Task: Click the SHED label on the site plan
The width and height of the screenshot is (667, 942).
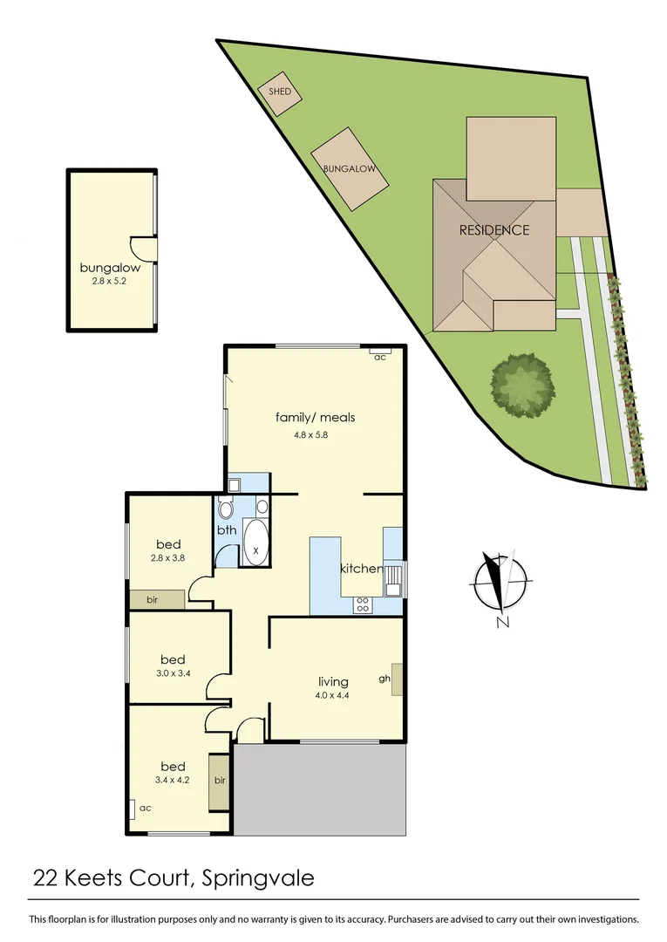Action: point(279,92)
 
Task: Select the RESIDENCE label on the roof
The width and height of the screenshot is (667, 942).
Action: point(494,230)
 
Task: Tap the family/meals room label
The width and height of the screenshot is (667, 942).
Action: point(315,417)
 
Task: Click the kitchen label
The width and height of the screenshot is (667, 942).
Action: point(361,569)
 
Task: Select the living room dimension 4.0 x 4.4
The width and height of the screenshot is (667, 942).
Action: point(333,696)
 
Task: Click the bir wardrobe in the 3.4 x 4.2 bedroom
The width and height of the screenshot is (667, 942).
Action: point(220,780)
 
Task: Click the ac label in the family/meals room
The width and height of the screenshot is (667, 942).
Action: point(379,358)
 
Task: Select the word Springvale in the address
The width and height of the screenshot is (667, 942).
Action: point(257,877)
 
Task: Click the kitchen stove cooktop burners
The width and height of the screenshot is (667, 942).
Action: point(362,603)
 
